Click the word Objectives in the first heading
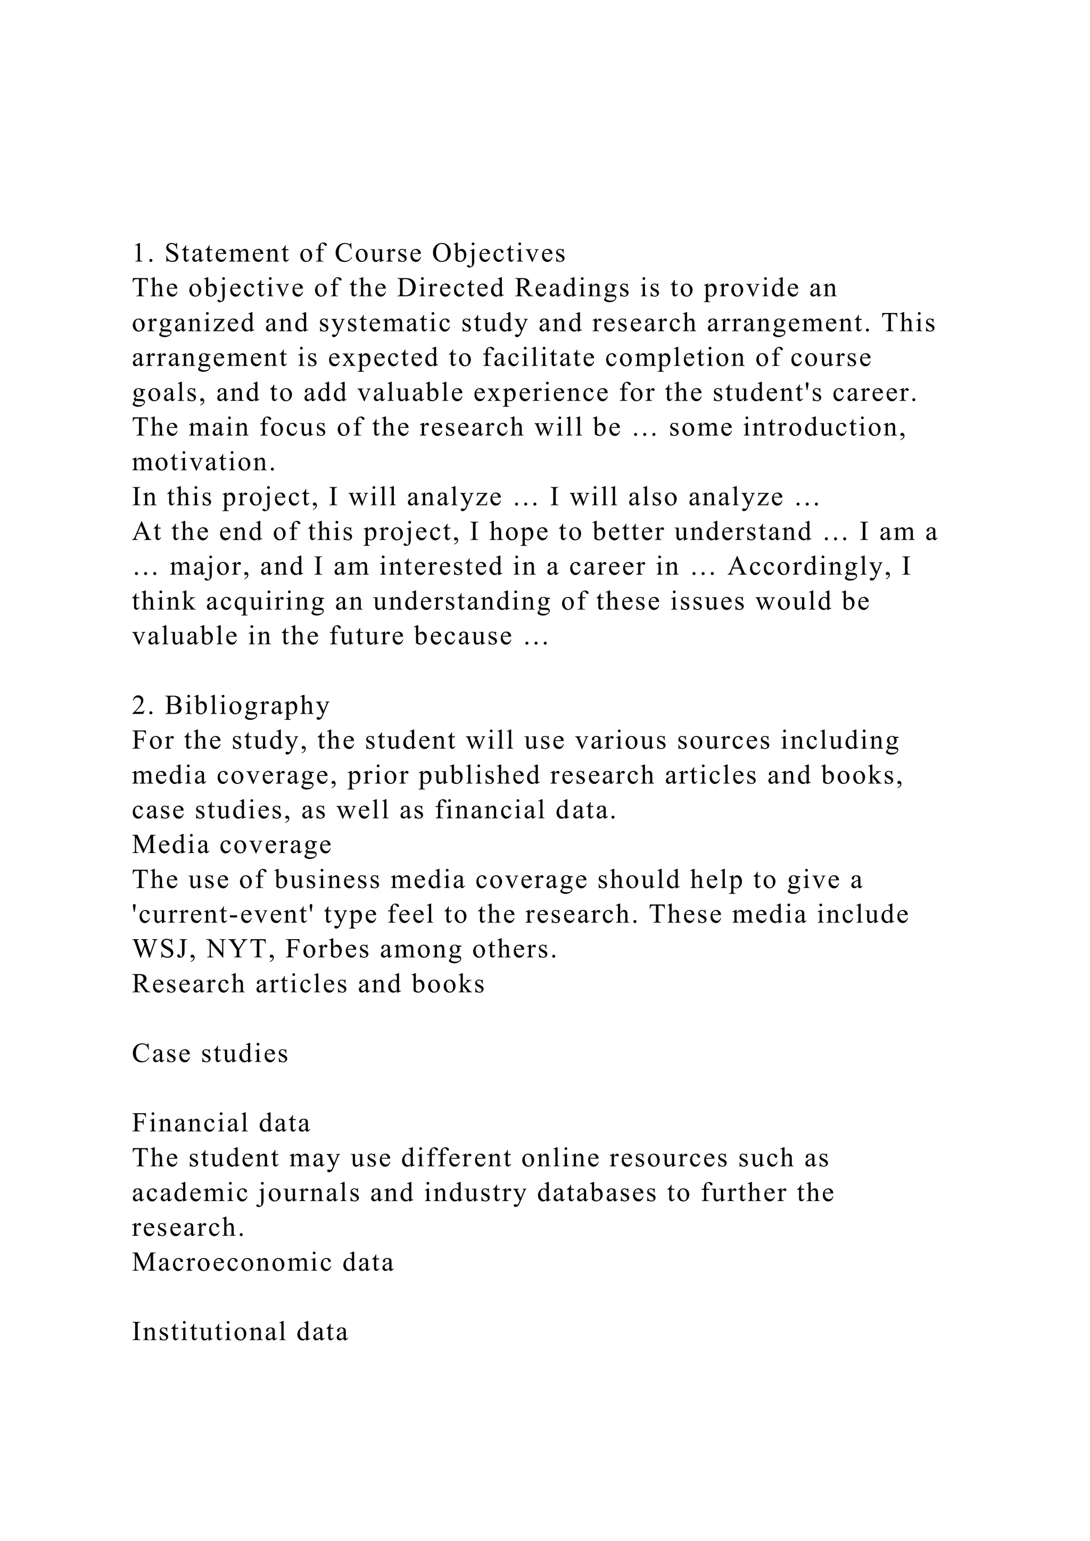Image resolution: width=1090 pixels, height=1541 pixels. pyautogui.click(x=499, y=253)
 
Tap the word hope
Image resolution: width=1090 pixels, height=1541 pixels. pyautogui.click(x=516, y=532)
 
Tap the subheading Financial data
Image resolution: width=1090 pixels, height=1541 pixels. pyautogui.click(x=221, y=1123)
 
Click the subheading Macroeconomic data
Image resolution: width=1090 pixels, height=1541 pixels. pyautogui.click(x=263, y=1263)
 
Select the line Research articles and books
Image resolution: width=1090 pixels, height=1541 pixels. pyautogui.click(x=308, y=984)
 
